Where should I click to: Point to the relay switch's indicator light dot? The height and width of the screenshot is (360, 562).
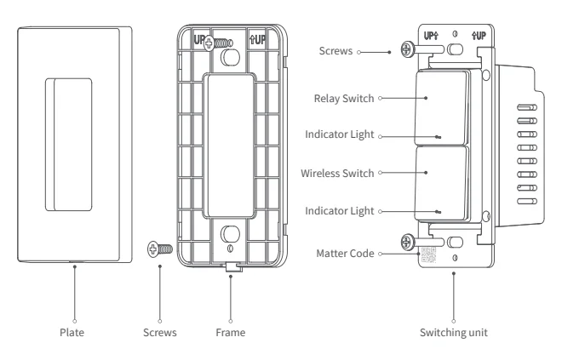(438, 136)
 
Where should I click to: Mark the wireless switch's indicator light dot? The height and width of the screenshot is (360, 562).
(438, 211)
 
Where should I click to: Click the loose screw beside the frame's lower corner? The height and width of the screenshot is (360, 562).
(160, 249)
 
